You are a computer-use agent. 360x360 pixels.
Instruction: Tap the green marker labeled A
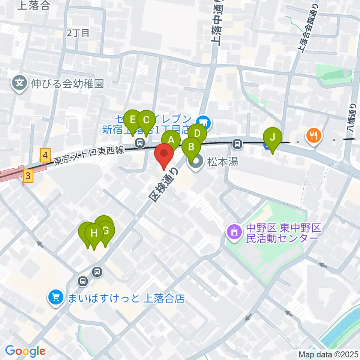[171, 140]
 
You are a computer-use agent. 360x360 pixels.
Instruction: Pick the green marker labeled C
[146, 120]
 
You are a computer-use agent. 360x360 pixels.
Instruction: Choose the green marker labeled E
[132, 120]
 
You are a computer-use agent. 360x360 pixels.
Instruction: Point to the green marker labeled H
[94, 233]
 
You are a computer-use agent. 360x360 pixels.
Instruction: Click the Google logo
[25, 351]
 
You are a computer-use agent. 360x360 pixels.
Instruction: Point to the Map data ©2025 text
[328, 354]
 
